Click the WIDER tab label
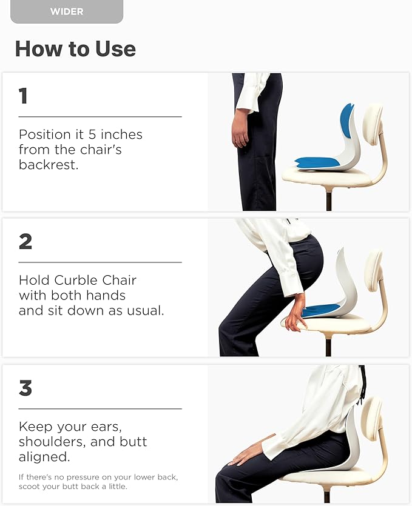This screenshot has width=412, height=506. pos(67,11)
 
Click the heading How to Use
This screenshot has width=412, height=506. pos(75,48)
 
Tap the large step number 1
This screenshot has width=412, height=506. pos(23,96)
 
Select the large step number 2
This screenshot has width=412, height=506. pos(25,241)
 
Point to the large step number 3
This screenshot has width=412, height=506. pos(25,388)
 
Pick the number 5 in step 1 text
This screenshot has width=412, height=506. pos(98,134)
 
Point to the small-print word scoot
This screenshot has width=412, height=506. pos(31,487)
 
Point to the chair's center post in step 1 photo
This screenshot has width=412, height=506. pos(328,199)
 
